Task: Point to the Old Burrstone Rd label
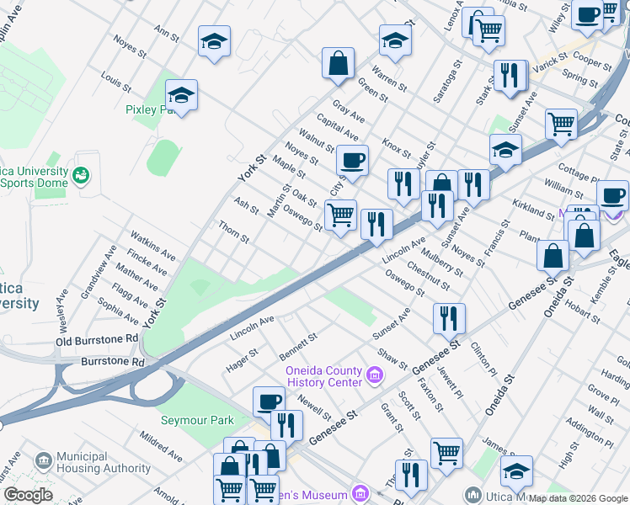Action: click(97, 340)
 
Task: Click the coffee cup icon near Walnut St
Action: click(352, 160)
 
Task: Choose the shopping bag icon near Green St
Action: click(337, 64)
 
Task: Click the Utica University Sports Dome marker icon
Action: click(82, 175)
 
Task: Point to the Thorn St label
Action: click(233, 233)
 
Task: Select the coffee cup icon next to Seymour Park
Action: click(269, 402)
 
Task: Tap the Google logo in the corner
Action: click(28, 495)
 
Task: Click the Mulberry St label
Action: click(444, 262)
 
